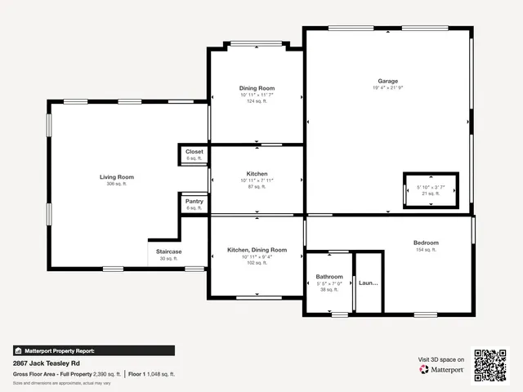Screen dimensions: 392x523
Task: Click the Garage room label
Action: coord(387,81)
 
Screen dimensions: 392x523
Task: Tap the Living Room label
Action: coord(117,176)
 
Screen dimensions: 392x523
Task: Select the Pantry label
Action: coord(194,201)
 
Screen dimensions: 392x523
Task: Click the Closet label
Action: coord(194,152)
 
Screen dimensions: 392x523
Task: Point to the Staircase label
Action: coord(169,252)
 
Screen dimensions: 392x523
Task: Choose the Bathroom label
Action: coord(329,277)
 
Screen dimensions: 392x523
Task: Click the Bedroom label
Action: coord(426,243)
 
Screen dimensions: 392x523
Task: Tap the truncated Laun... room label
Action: coord(369,283)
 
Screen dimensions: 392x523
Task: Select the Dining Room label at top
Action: coord(257,88)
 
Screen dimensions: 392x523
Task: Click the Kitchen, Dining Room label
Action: coord(257,249)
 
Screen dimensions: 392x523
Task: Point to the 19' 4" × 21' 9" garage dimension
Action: coord(387,88)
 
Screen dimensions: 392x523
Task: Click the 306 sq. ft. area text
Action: coord(117,184)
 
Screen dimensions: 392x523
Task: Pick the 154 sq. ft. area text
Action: coord(426,250)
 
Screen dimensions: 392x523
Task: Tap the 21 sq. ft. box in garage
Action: coord(431,194)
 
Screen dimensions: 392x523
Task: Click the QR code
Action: coord(492,364)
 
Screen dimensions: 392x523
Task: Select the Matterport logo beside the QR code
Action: coord(442,369)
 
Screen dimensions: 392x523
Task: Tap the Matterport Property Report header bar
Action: coord(93,350)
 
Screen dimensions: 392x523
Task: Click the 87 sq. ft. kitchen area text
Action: coord(257,187)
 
